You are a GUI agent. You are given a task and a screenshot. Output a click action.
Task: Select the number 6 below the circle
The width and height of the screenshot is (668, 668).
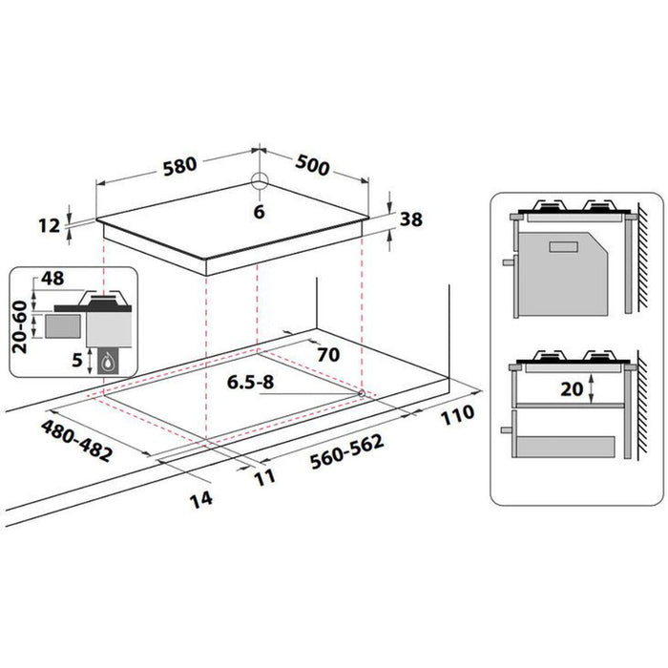258,213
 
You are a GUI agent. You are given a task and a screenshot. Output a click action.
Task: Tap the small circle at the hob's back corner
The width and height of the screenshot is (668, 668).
258,183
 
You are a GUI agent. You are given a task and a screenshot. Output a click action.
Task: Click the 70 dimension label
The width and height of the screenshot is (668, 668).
327,354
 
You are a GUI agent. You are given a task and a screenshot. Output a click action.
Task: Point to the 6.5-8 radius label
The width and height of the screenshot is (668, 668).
251,384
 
